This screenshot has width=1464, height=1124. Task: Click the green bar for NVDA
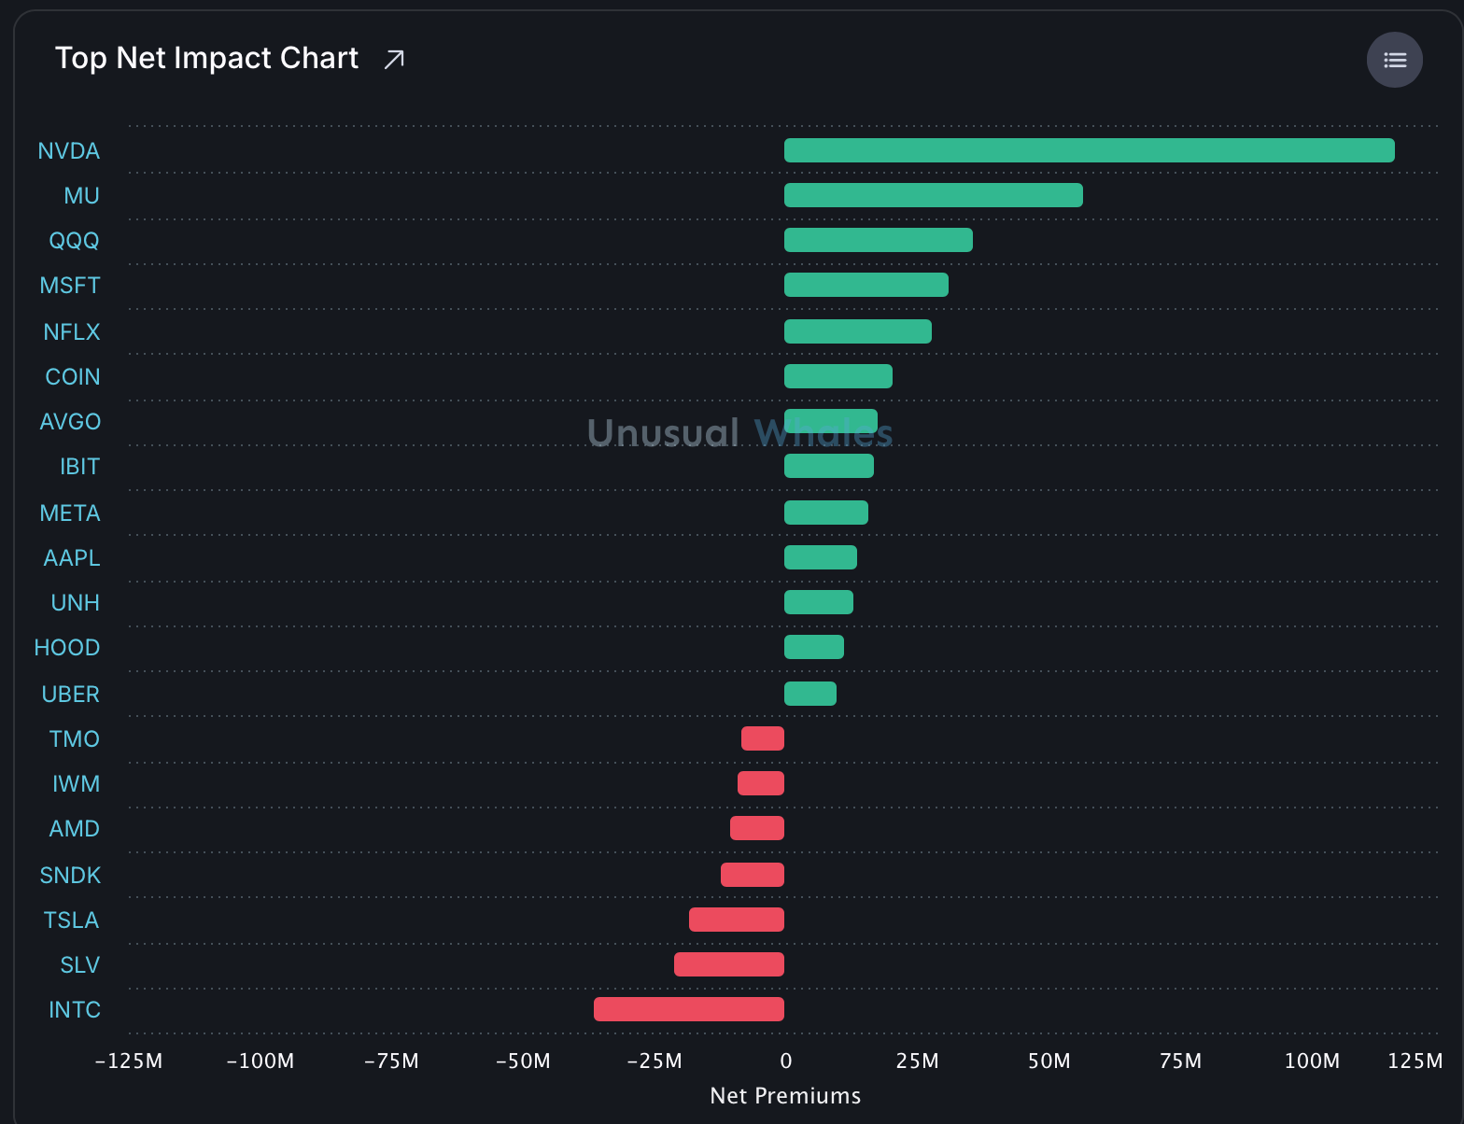[x=1089, y=150]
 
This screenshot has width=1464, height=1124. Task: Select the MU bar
[x=933, y=195]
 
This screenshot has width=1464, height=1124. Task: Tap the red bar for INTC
[x=688, y=1009]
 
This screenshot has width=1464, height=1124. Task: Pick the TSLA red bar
[x=737, y=920]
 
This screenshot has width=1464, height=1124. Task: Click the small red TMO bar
[x=763, y=738]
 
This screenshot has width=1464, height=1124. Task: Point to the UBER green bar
[x=809, y=694]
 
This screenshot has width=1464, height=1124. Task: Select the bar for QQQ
[x=878, y=240]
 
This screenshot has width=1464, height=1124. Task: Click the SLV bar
[x=729, y=964]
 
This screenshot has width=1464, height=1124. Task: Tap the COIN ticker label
[x=72, y=376]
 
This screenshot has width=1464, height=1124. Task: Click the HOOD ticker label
[x=66, y=647]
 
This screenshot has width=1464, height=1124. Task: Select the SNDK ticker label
[x=70, y=875]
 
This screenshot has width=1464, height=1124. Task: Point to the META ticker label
[x=70, y=513]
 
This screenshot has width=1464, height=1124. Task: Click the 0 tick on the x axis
[x=785, y=1061]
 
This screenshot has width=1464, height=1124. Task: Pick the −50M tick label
[x=523, y=1061]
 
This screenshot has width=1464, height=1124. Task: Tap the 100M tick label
[x=1312, y=1061]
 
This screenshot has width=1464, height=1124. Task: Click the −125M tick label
[x=129, y=1061]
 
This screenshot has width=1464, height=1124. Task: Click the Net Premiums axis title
[x=785, y=1096]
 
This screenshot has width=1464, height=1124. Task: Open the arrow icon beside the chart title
[x=394, y=59]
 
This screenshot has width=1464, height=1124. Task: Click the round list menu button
[x=1395, y=60]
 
